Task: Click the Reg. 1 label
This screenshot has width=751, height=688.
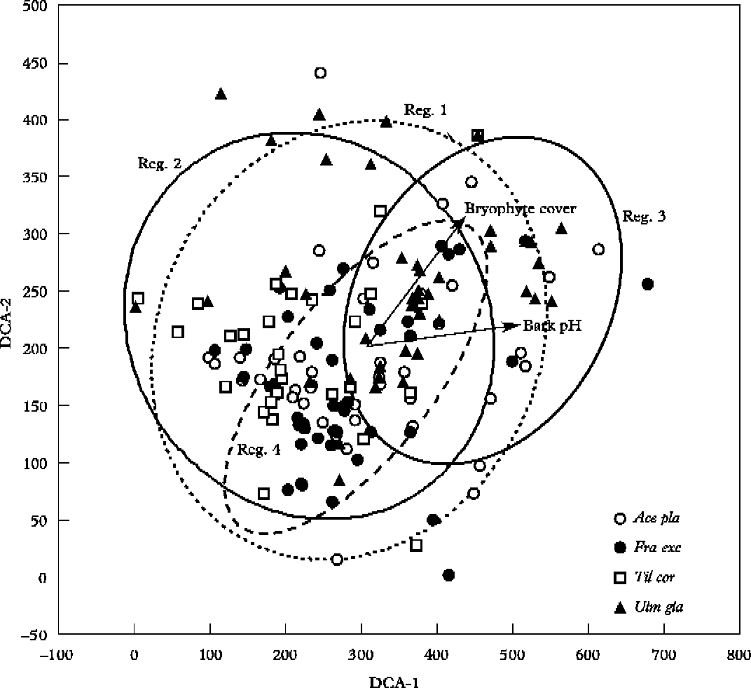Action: (x=425, y=110)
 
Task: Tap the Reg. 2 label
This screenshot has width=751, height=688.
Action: (x=158, y=163)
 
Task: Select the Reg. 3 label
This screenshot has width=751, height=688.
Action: (x=644, y=216)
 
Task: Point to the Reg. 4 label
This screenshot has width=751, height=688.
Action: (x=258, y=450)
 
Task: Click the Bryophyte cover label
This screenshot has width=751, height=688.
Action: (x=520, y=208)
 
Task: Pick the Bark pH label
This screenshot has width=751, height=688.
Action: (x=552, y=325)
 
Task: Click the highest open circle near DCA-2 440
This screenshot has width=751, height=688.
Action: (x=320, y=73)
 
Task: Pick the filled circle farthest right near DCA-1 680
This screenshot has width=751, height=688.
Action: (x=647, y=284)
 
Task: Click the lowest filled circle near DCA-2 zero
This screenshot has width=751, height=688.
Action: (x=448, y=575)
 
